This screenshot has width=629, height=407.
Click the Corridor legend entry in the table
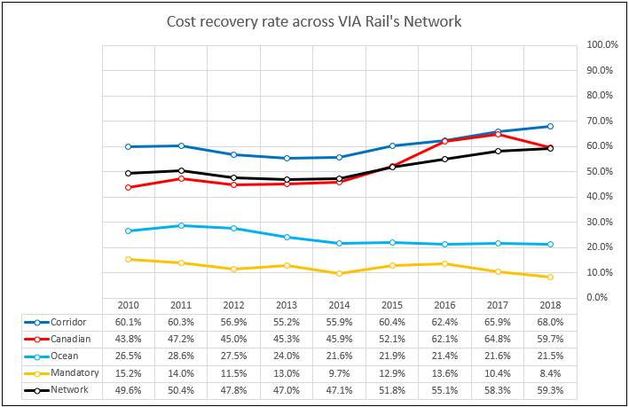(x=69, y=322)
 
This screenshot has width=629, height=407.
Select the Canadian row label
(x=69, y=339)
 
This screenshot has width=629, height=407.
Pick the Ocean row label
(x=64, y=356)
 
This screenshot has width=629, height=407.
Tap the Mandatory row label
(x=72, y=372)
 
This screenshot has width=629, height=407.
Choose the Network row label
(x=68, y=389)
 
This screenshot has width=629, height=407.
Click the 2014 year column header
(x=339, y=305)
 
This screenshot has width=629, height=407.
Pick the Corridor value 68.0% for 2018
(x=549, y=322)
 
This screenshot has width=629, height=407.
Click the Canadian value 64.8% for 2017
(x=497, y=339)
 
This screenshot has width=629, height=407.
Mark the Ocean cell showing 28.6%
(x=181, y=356)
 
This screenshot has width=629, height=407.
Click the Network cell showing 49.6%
(x=129, y=389)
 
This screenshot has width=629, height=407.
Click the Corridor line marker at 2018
(x=550, y=126)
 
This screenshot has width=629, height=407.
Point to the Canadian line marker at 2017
(x=498, y=134)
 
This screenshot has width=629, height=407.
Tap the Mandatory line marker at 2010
(x=129, y=259)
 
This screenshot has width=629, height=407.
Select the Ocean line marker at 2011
(x=181, y=225)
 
